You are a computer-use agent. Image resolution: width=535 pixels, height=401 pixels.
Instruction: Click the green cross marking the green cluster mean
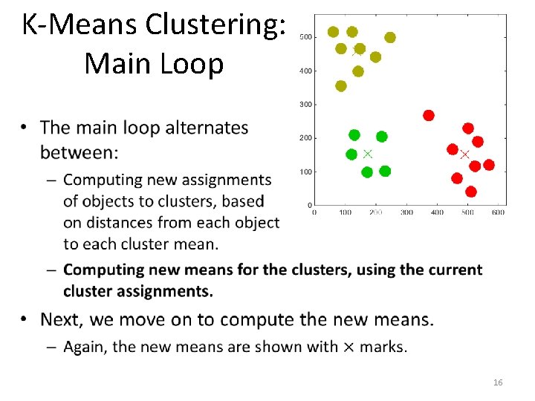tap(367, 154)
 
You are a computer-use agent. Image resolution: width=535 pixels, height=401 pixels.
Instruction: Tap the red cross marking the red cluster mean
tap(465, 154)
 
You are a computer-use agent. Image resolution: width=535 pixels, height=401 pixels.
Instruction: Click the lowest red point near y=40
tap(470, 192)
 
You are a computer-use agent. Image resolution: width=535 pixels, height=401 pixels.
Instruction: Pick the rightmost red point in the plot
tap(489, 165)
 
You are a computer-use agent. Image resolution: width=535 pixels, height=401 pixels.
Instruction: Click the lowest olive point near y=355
tap(341, 86)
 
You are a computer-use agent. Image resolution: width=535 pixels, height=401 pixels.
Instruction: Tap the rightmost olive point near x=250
tap(390, 37)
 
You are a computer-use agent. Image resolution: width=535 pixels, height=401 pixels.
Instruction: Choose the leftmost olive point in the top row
tap(333, 32)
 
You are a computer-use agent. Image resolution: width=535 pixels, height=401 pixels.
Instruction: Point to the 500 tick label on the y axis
tap(305, 37)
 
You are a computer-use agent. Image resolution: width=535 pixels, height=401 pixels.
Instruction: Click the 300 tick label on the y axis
tap(305, 105)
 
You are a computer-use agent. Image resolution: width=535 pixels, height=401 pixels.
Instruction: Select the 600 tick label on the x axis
tap(498, 212)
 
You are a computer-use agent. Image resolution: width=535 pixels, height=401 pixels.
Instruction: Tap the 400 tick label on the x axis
tap(437, 212)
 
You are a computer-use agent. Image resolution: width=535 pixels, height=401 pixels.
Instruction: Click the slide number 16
tap(498, 382)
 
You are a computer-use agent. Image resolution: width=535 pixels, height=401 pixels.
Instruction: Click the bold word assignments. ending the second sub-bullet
tap(175, 291)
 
